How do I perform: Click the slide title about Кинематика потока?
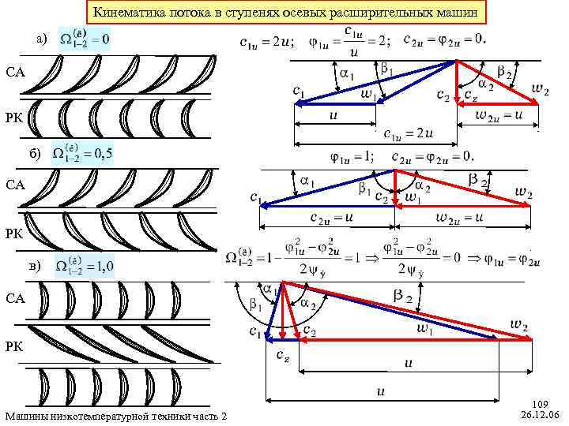(x=284, y=13)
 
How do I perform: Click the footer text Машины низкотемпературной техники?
(x=115, y=416)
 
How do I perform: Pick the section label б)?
(x=37, y=152)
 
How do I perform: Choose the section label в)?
(x=37, y=267)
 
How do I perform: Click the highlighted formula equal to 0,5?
(x=82, y=151)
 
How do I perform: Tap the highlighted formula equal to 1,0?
(x=85, y=265)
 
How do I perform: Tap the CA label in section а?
(x=16, y=73)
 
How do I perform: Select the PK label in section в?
(x=16, y=346)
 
